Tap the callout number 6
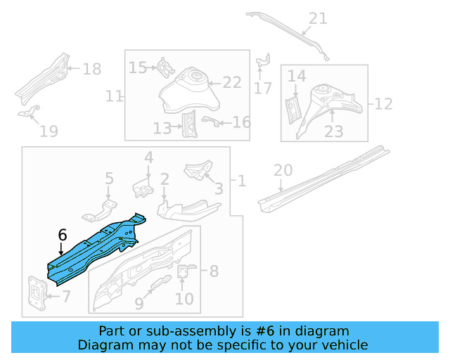[x=62, y=235]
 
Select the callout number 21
[x=318, y=18]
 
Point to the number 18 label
[x=91, y=69]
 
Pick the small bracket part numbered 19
[x=29, y=112]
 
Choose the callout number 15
[x=138, y=67]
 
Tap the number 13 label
[x=162, y=128]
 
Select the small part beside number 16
[x=209, y=122]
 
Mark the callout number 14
[x=297, y=76]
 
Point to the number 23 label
[x=333, y=131]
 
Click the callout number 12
[x=383, y=104]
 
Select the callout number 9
[x=139, y=303]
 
